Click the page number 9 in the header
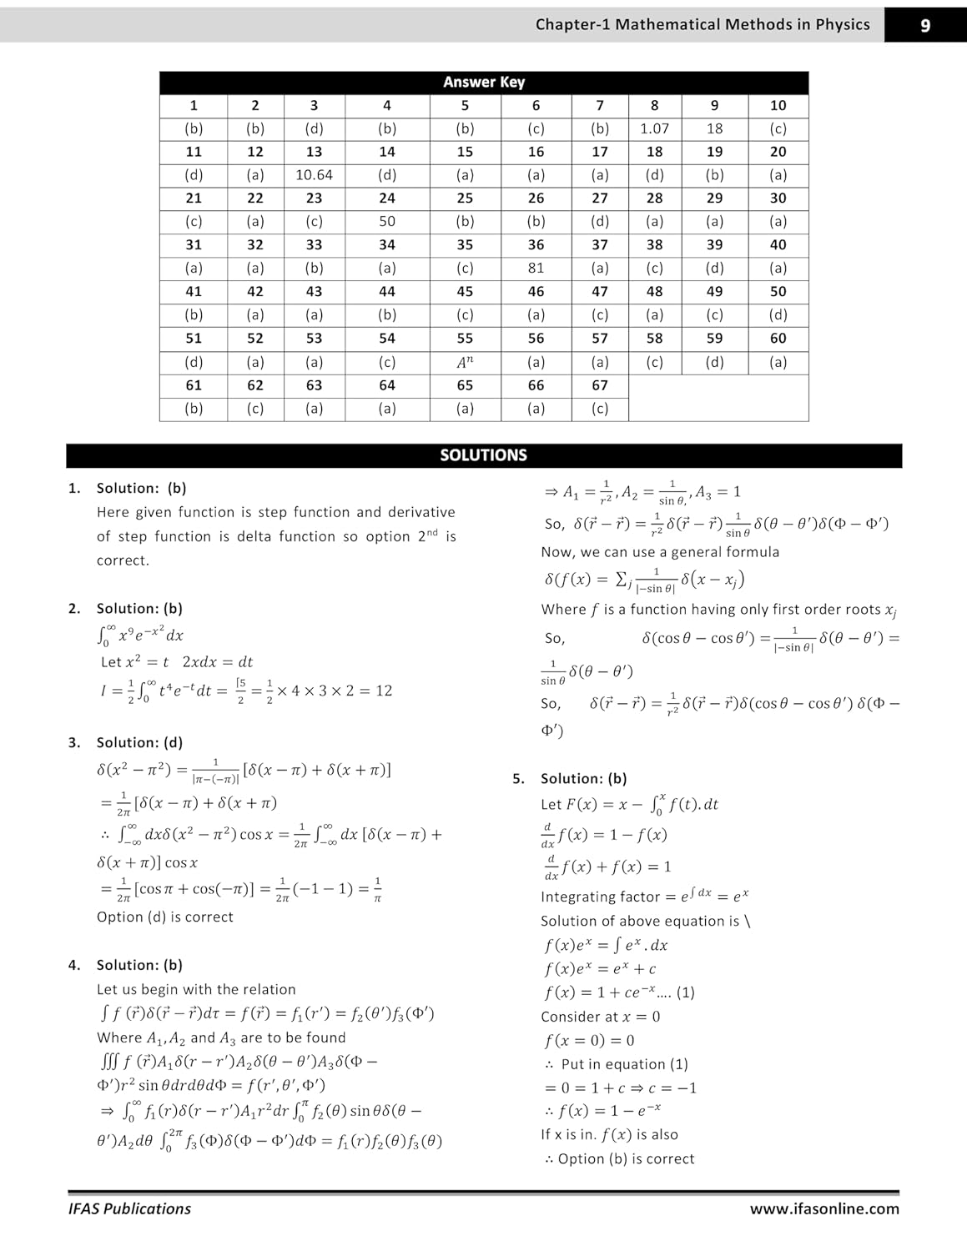click(924, 26)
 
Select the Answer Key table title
click(483, 82)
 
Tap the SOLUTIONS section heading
click(483, 455)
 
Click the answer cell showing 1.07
click(654, 128)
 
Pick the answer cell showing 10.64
click(314, 175)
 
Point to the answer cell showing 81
click(536, 268)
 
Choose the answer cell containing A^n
click(465, 362)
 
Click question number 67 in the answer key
click(599, 385)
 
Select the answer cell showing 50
click(387, 222)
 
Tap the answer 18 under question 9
click(714, 128)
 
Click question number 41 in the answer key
click(194, 292)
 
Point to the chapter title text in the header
click(703, 25)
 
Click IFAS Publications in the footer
click(129, 1208)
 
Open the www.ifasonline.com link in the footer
click(823, 1208)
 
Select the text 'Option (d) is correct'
click(164, 917)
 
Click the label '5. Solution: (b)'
click(572, 778)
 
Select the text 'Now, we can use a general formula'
click(660, 552)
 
